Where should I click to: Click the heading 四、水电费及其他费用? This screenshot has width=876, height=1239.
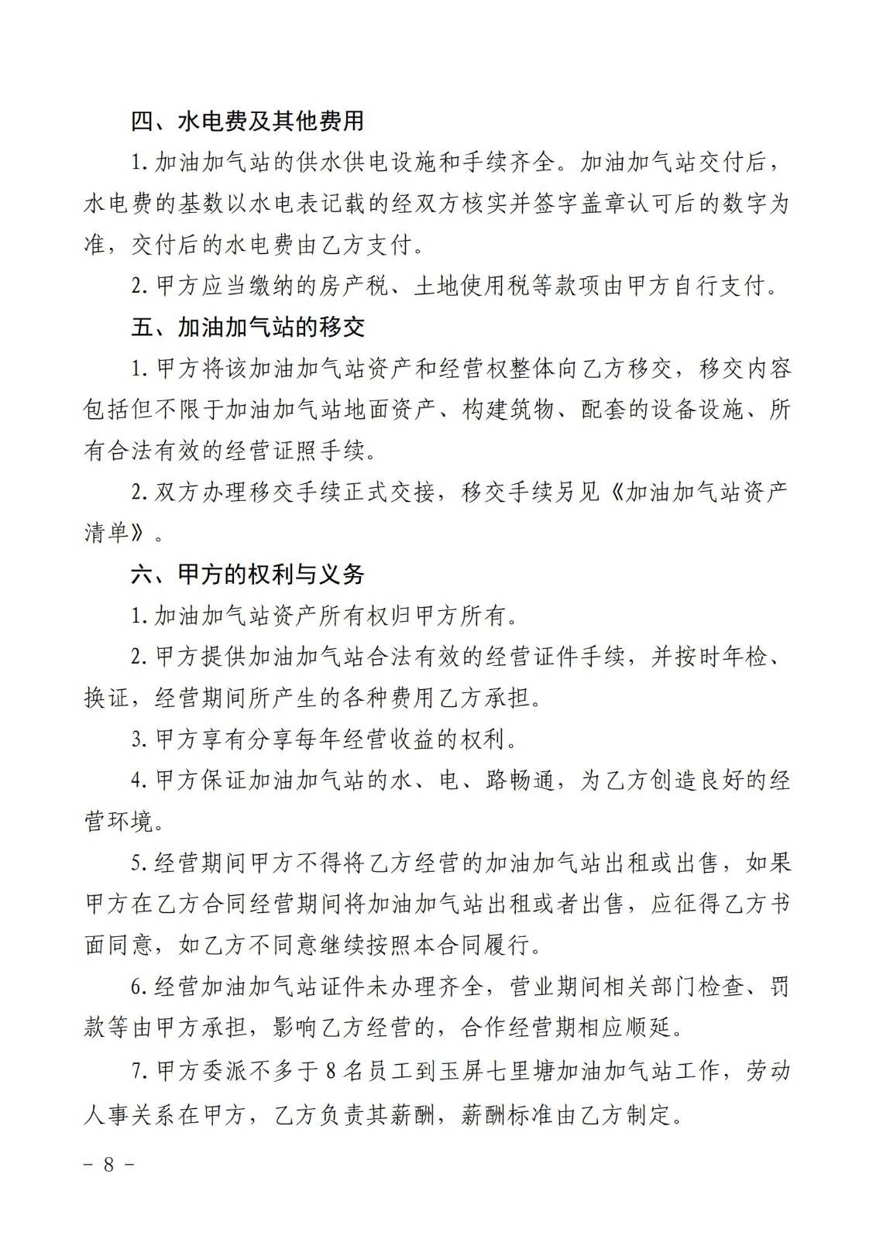(247, 122)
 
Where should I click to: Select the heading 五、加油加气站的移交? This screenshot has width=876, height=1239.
(247, 328)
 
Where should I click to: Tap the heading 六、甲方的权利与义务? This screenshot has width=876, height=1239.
(247, 575)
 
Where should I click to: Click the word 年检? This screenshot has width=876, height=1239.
(743, 657)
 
